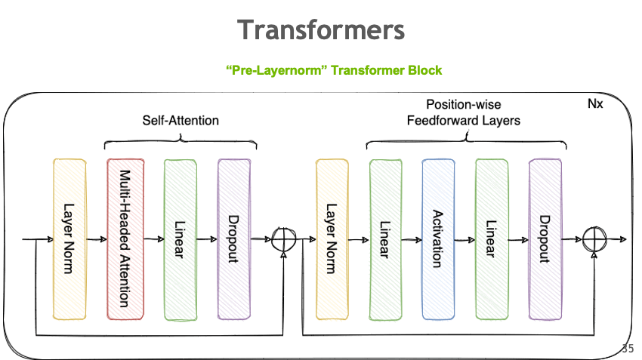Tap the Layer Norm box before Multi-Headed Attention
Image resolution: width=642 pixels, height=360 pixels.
69,238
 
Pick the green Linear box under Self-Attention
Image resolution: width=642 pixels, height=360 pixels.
180,238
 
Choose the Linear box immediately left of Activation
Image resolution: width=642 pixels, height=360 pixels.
385,238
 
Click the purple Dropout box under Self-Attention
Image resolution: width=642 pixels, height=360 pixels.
234,238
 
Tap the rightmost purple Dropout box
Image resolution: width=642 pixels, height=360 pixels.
545,238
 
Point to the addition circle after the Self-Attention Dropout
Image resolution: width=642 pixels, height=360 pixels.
284,239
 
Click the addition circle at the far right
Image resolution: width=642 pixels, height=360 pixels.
595,239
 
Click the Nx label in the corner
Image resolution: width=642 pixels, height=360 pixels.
595,103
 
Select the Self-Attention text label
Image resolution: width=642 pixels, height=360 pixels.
181,120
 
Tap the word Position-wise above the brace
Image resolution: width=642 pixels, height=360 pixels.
464,104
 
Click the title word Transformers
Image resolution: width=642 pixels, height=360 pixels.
321,29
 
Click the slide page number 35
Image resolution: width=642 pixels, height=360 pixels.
628,349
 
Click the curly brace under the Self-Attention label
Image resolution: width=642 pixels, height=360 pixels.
181,140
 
